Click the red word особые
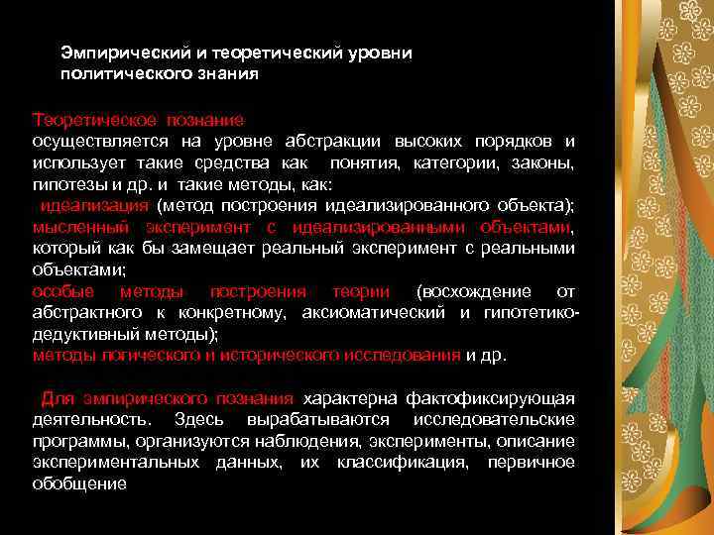pyautogui.click(x=63, y=291)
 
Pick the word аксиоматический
pyautogui.click(x=384, y=313)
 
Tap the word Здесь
pyautogui.click(x=196, y=420)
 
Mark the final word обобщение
pyautogui.click(x=79, y=484)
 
